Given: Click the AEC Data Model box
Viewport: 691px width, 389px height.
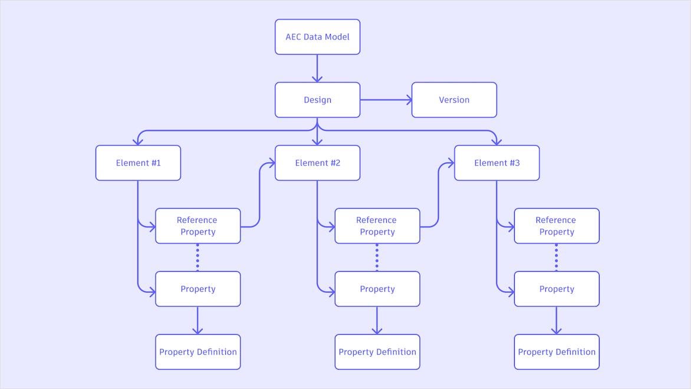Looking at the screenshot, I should pyautogui.click(x=317, y=37).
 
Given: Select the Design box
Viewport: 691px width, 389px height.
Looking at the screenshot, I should pyautogui.click(x=317, y=100).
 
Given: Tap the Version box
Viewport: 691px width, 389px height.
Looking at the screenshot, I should pyautogui.click(x=454, y=100).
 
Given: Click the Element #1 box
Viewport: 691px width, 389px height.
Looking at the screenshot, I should pyautogui.click(x=138, y=163).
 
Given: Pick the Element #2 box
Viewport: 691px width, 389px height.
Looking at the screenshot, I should pyautogui.click(x=317, y=163).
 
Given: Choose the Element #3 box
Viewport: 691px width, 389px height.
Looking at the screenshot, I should pyautogui.click(x=496, y=163).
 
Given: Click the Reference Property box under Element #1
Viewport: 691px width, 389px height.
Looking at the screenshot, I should pyautogui.click(x=198, y=226).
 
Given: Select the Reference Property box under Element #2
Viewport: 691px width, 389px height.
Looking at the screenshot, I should pyautogui.click(x=377, y=226).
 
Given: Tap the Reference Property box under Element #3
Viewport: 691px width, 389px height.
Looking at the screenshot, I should pyautogui.click(x=557, y=226).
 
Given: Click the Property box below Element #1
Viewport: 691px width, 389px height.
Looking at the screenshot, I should pyautogui.click(x=198, y=289).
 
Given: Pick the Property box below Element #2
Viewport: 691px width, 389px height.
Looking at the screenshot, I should pyautogui.click(x=377, y=289).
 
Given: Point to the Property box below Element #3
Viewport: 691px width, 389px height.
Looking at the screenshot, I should pyautogui.click(x=557, y=289).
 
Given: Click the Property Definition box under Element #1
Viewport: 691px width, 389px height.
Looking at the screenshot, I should pyautogui.click(x=198, y=352).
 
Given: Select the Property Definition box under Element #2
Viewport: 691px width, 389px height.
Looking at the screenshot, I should pyautogui.click(x=377, y=352).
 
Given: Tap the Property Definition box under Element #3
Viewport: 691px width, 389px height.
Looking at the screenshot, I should pyautogui.click(x=557, y=352).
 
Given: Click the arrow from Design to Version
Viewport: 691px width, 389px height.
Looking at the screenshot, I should pyautogui.click(x=386, y=100).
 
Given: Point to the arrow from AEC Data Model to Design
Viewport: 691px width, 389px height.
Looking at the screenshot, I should pyautogui.click(x=317, y=68).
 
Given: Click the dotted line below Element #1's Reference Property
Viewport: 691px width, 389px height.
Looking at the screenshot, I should pyautogui.click(x=198, y=257).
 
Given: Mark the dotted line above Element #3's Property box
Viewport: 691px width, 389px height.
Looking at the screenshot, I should pyautogui.click(x=556, y=257).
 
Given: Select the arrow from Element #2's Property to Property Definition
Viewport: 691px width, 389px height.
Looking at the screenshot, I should pyautogui.click(x=377, y=320).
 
